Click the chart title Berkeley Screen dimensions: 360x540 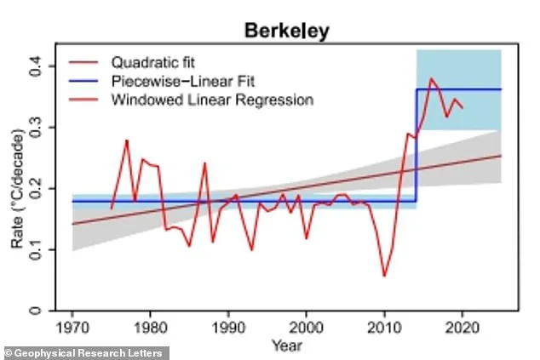(287, 31)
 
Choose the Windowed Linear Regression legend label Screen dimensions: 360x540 (213, 100)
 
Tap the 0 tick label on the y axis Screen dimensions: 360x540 (44, 311)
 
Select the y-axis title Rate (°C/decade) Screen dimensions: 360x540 (18, 188)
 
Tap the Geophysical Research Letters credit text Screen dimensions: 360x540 (86, 351)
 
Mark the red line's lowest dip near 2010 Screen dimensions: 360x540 (384, 276)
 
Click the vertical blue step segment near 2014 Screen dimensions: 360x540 (416, 145)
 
